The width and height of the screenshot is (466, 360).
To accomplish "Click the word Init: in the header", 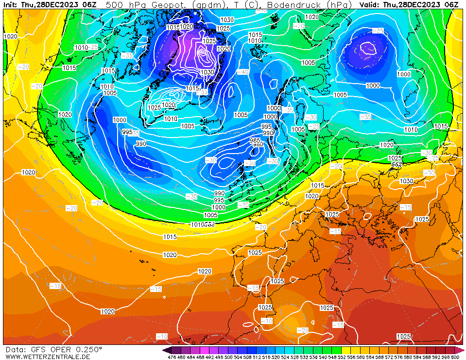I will tap(11, 4).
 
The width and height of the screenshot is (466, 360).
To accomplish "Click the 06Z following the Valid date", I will tap(449, 4).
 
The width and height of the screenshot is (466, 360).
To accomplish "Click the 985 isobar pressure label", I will tap(255, 140).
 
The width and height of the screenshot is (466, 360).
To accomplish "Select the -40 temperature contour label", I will tap(243, 72).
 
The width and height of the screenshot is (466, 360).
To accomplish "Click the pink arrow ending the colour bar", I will tap(460, 350).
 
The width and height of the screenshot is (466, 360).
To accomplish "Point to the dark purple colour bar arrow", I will tap(167, 350).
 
